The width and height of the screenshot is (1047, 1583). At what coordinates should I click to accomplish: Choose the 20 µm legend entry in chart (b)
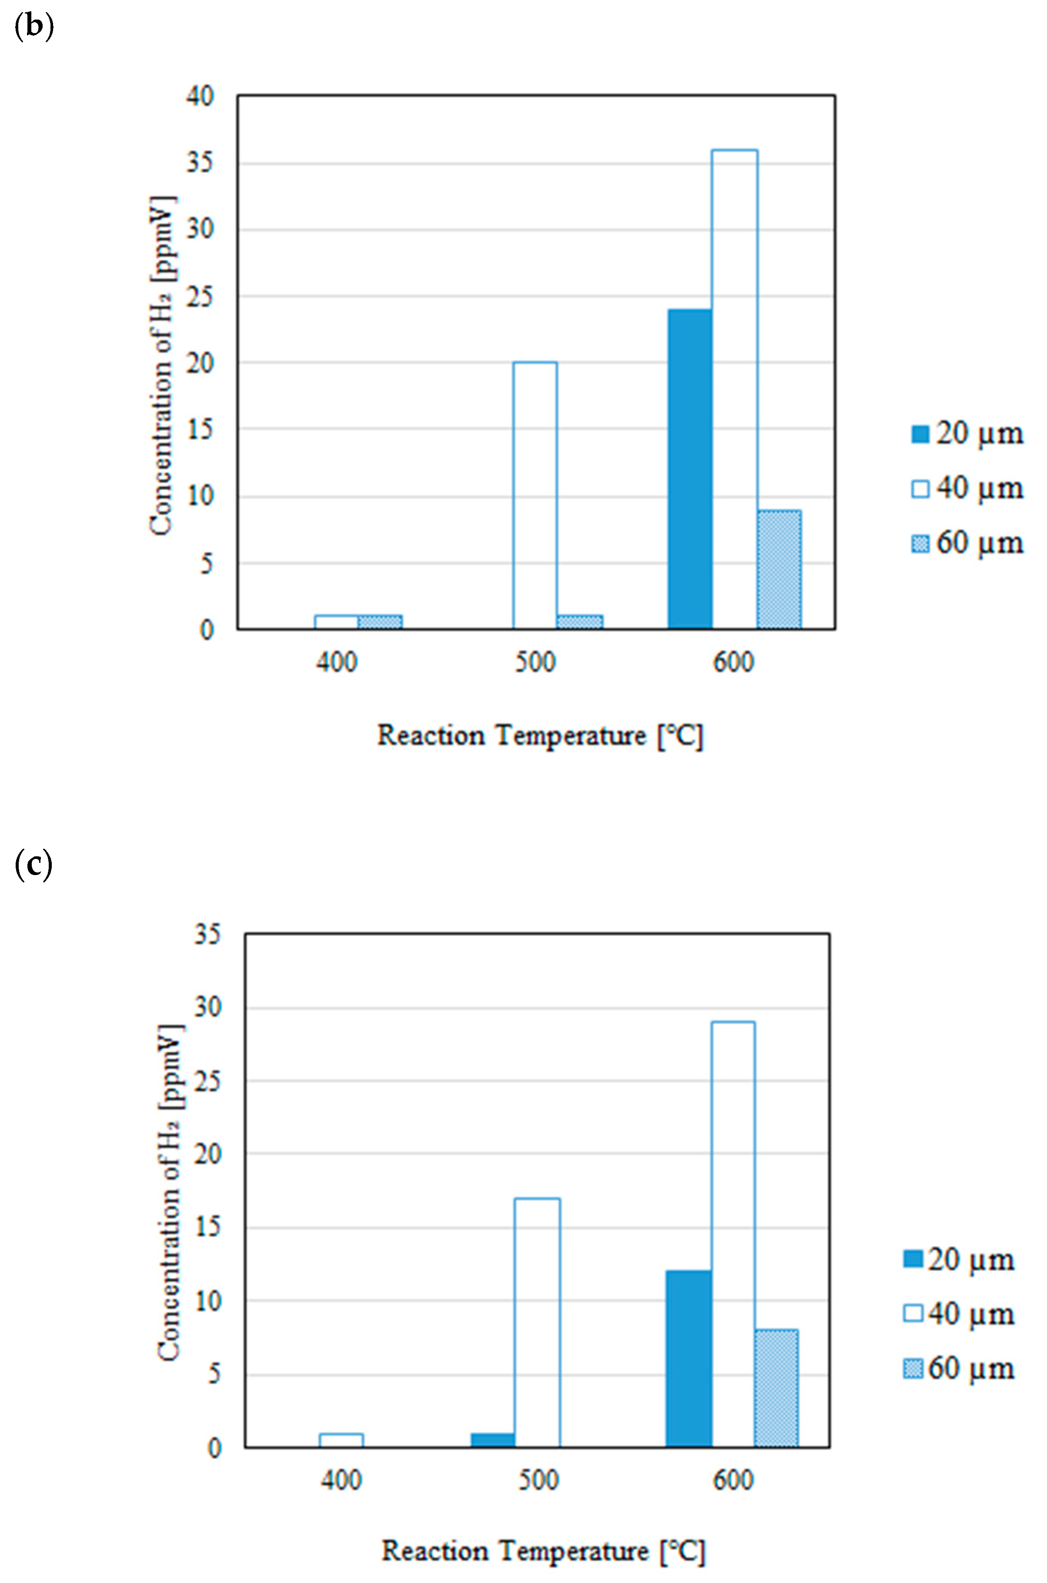[x=967, y=434]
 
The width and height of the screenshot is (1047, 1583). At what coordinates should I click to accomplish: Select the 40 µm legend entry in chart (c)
[x=959, y=1314]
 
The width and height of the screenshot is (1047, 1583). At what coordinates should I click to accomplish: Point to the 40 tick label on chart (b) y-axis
[x=200, y=96]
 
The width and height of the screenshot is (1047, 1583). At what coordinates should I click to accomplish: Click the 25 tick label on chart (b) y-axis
[x=200, y=296]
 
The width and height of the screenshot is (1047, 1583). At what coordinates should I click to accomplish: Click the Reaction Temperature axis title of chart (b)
[x=540, y=736]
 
